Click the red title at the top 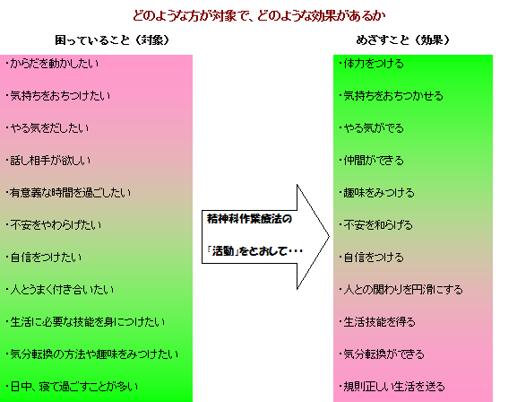point(259,15)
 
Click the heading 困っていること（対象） point(112,40)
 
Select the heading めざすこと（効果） point(403,40)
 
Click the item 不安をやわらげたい point(54,225)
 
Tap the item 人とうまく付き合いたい point(60,290)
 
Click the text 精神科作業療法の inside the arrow point(249,219)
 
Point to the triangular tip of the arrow point(329,237)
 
